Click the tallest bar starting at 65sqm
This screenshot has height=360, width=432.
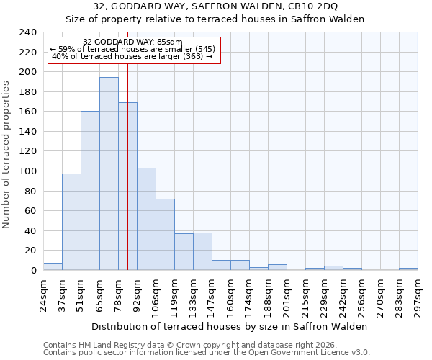[x=109, y=174]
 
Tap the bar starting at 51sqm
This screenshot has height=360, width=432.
[x=90, y=191]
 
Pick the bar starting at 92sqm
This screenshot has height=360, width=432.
[x=146, y=219]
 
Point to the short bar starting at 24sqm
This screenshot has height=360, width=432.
[x=53, y=267]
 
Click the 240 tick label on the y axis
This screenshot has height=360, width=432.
[x=27, y=32]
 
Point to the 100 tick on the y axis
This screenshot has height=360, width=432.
[x=27, y=171]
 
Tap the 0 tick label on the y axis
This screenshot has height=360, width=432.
[x=33, y=271]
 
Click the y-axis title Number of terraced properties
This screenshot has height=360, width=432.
[x=7, y=154]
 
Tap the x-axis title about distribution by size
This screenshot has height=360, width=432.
[x=230, y=326]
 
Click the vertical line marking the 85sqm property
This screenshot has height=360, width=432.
[x=127, y=180]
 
